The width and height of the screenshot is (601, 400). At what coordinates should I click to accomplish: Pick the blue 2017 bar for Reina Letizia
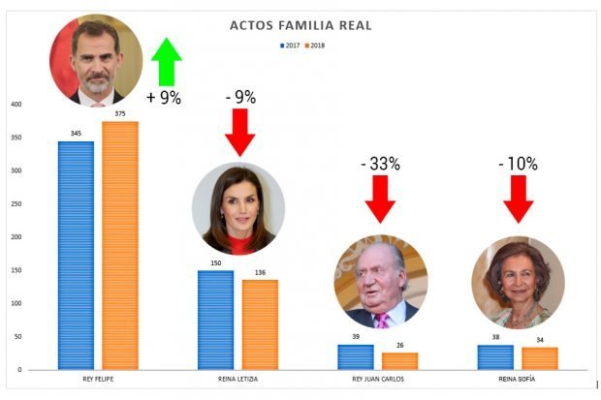216,320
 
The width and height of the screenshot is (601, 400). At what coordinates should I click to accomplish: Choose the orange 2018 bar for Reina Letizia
260,324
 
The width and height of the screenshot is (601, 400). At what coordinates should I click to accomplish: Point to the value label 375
120,114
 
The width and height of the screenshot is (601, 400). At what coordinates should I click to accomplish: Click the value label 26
400,346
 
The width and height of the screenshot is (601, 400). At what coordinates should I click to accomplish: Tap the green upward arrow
167,63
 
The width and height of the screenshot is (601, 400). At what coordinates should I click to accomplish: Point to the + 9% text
163,98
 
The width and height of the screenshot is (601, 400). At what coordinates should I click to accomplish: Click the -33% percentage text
381,164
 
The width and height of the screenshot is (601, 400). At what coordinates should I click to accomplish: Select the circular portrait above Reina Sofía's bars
518,282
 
